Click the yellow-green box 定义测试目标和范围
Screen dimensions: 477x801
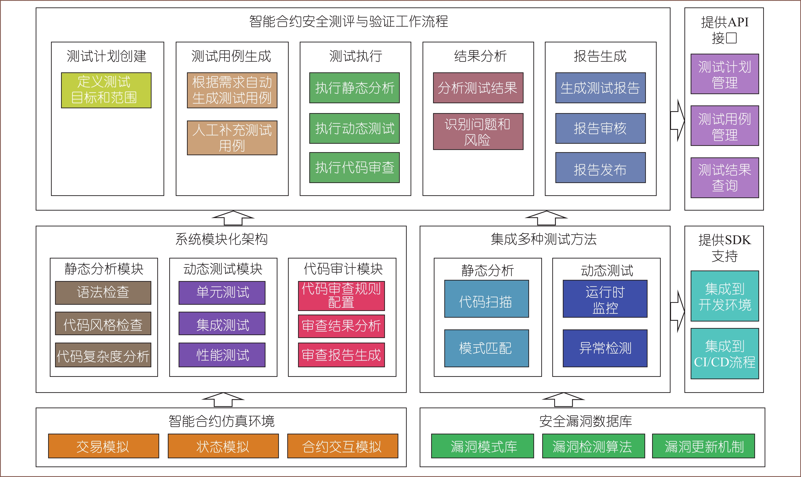coord(106,90)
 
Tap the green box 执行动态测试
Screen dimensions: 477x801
coord(354,128)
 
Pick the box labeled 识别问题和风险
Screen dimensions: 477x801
coord(478,132)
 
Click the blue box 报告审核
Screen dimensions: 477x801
coord(600,128)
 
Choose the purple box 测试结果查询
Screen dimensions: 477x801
coord(725,178)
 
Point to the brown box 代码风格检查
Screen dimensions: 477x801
coord(103,323)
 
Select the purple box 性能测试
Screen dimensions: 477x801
coord(222,355)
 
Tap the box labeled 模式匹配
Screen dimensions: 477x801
coord(486,348)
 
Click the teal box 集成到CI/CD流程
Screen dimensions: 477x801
coord(725,354)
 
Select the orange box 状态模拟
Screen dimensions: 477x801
coord(223,446)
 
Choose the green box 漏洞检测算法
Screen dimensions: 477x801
coord(593,446)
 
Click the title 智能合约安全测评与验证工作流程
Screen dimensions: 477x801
coord(349,22)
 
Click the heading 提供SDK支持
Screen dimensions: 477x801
coord(725,248)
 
